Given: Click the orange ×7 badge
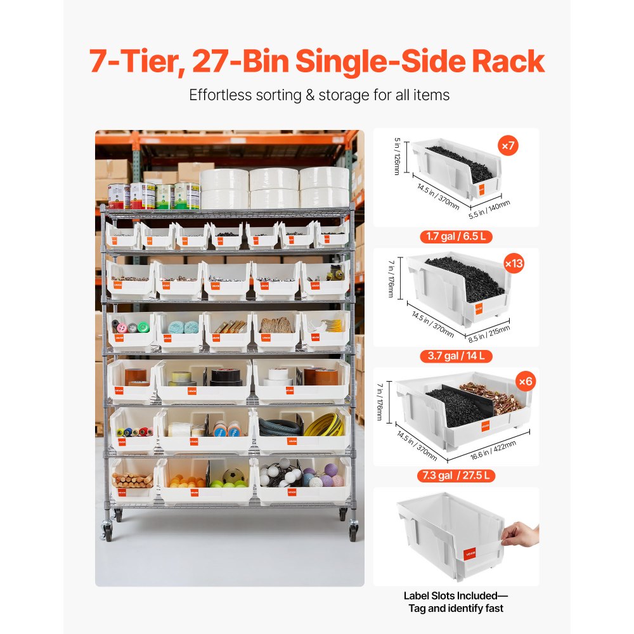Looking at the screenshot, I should (508, 146).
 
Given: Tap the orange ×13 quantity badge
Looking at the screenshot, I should (514, 263).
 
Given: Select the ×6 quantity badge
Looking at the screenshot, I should (526, 382).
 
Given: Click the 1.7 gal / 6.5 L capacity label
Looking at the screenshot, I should (455, 237).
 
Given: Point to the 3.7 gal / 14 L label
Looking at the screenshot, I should (455, 356).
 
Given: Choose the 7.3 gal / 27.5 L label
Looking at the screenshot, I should (455, 475).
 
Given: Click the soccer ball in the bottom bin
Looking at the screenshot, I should (233, 475).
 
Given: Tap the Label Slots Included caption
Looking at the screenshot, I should (455, 596).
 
